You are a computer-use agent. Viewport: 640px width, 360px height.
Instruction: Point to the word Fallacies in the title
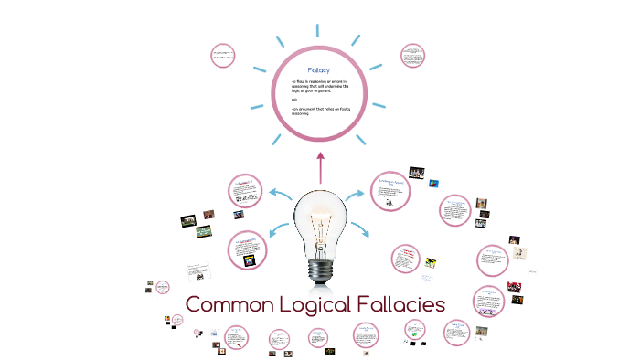(x=403, y=304)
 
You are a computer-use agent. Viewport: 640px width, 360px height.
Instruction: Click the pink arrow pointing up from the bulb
(x=320, y=167)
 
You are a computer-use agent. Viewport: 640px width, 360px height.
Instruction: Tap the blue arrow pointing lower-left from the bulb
(x=279, y=229)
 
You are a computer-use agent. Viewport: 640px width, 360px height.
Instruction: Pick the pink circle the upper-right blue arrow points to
(x=390, y=189)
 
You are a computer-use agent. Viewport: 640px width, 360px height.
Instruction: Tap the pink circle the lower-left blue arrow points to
(x=246, y=249)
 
